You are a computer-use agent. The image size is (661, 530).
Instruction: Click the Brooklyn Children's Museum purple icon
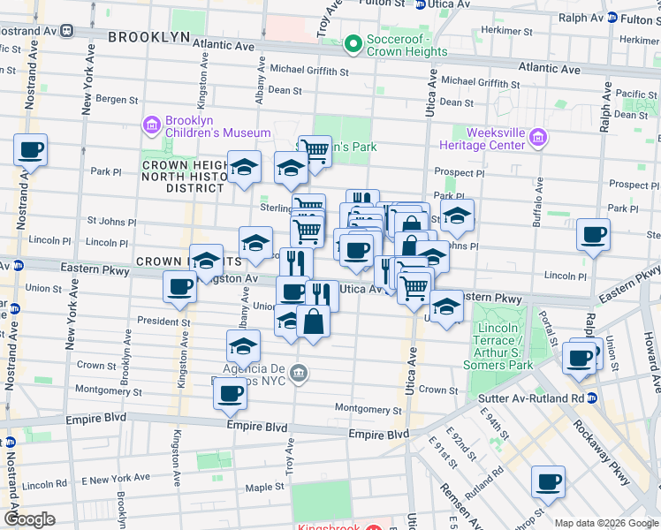pos(151,124)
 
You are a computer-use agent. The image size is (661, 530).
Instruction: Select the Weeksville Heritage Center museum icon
pos(538,137)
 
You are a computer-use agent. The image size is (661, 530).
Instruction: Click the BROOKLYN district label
pos(149,37)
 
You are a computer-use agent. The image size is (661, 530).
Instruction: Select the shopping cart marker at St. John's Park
pos(314,151)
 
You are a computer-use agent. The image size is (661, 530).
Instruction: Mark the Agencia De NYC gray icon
pos(300,373)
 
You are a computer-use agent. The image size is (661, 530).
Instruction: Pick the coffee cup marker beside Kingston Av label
pos(180,286)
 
